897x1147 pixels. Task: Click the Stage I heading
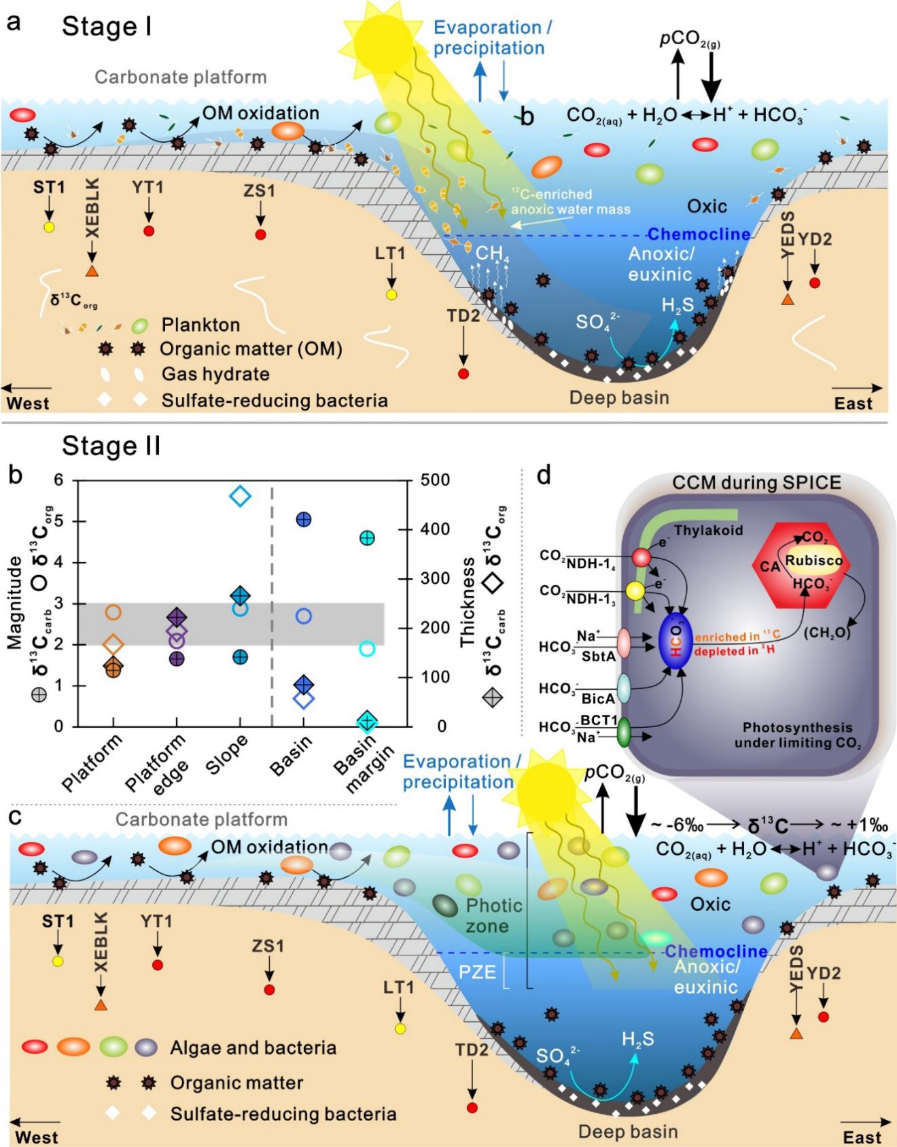pyautogui.click(x=107, y=27)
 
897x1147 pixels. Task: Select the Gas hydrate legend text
pyautogui.click(x=215, y=374)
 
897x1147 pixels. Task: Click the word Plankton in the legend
pyautogui.click(x=200, y=325)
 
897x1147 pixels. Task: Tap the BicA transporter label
pyautogui.click(x=598, y=697)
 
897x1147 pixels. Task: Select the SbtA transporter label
pyautogui.click(x=599, y=656)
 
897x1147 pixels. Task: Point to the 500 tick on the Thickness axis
pyautogui.click(x=434, y=480)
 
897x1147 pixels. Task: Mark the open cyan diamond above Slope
pyautogui.click(x=241, y=497)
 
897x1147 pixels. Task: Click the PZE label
pyautogui.click(x=477, y=972)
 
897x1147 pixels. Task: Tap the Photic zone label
pyautogui.click(x=494, y=915)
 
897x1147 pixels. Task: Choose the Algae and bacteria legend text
pyautogui.click(x=253, y=1047)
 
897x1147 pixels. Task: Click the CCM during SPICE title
pyautogui.click(x=757, y=482)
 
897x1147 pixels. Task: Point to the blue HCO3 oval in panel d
pyautogui.click(x=676, y=643)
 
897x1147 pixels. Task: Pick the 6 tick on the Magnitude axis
pyautogui.click(x=58, y=480)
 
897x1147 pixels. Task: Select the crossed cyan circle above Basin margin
pyautogui.click(x=367, y=538)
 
